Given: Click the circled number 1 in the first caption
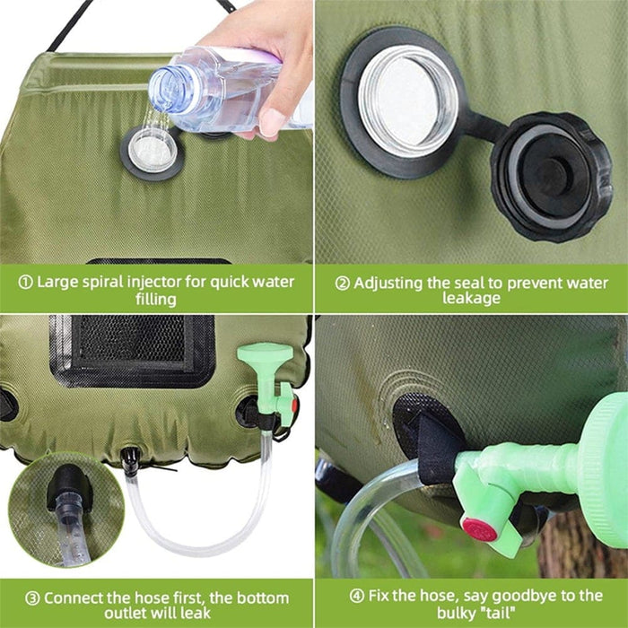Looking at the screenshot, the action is [26, 283].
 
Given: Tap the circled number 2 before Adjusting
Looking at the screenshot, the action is [343, 283].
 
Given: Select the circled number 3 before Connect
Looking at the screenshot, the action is [32, 598].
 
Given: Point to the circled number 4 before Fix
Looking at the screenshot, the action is [356, 596].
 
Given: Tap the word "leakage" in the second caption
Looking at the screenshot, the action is [471, 299].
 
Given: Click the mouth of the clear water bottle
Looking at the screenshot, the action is [165, 90].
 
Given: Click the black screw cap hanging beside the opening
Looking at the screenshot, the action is [552, 176].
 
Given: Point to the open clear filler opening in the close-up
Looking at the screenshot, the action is [407, 100].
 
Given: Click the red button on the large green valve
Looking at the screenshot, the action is [479, 529].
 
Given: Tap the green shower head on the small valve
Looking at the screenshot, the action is [265, 353].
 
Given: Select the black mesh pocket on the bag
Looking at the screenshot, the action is [132, 351].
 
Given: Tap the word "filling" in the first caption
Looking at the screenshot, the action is [156, 300].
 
